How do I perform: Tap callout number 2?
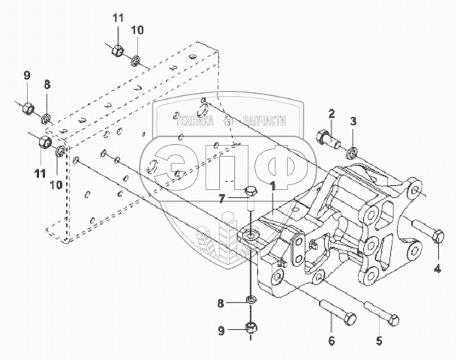click(331, 113)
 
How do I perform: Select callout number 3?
click(355, 121)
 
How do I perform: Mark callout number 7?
click(221, 199)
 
